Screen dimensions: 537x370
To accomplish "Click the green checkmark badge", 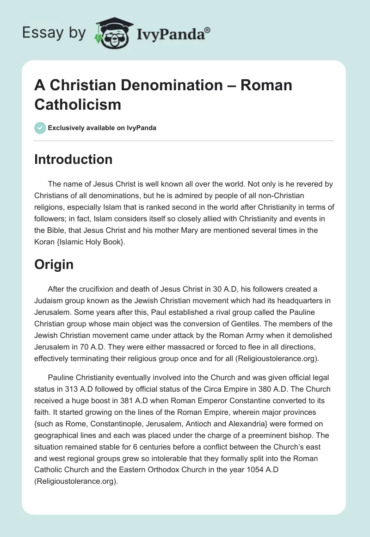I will (40, 128).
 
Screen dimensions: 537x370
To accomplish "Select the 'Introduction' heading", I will (74, 159).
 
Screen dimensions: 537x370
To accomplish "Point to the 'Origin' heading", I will (54, 264).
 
